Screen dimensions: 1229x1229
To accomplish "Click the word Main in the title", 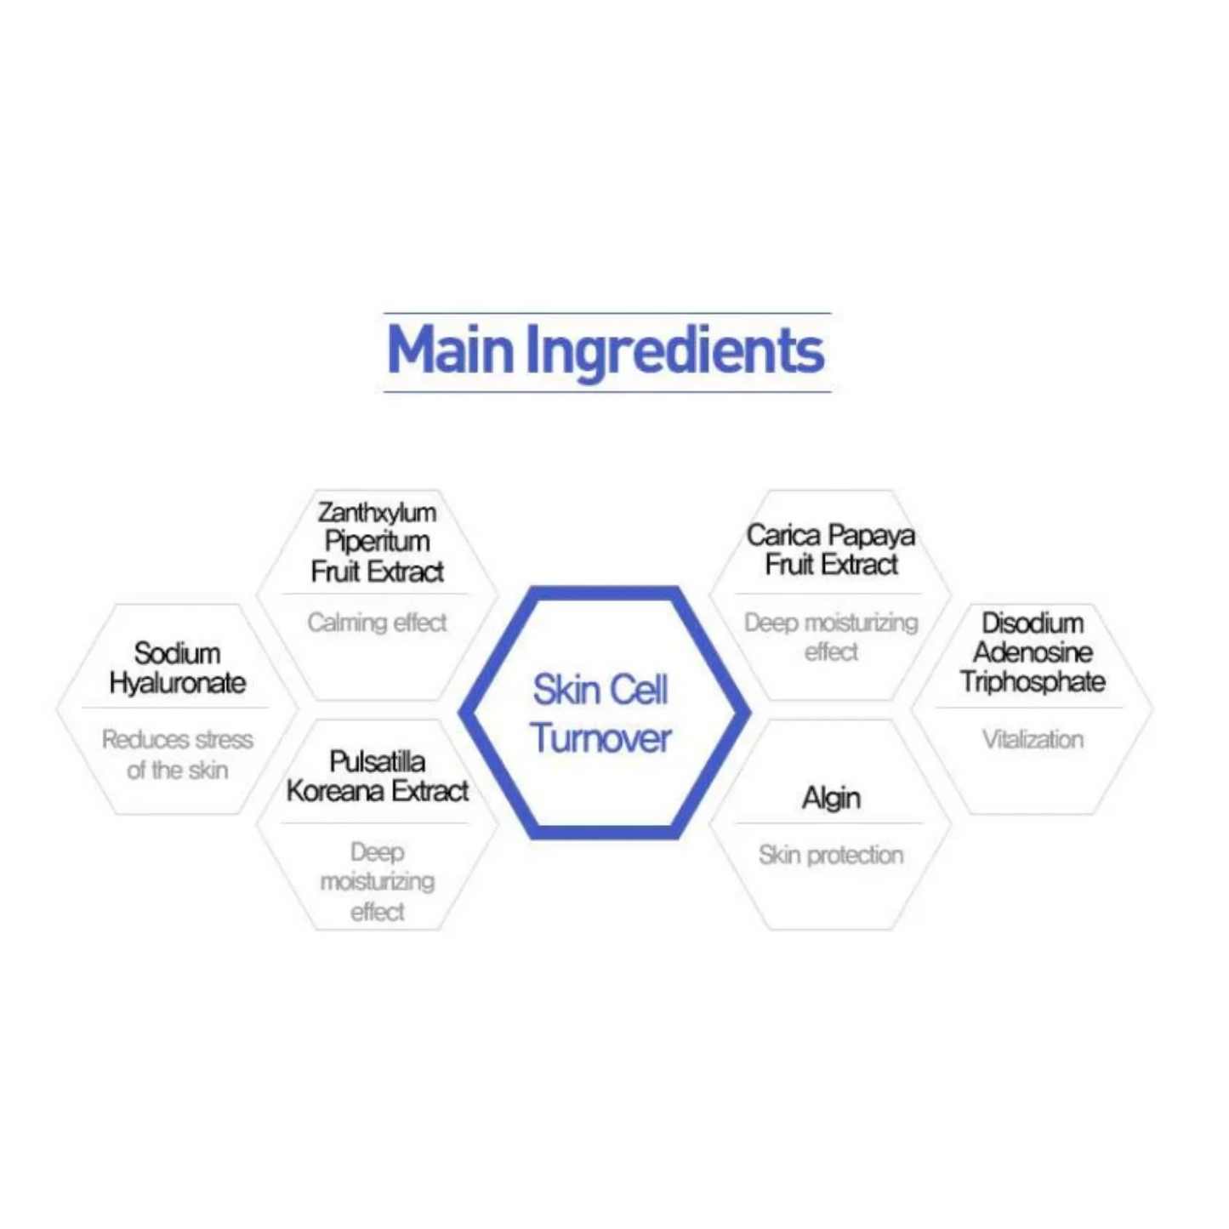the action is pyautogui.click(x=450, y=350).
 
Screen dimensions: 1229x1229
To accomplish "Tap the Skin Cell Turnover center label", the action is pyautogui.click(x=600, y=714).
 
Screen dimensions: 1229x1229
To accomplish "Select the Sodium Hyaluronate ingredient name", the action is pyautogui.click(x=177, y=668).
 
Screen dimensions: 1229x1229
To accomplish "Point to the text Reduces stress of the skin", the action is pyautogui.click(x=177, y=754).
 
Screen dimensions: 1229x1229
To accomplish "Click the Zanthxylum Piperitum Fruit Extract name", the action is pyautogui.click(x=377, y=542).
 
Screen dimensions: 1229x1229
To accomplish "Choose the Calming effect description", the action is pyautogui.click(x=377, y=622).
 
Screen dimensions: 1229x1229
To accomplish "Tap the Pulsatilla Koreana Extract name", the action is pyautogui.click(x=377, y=777).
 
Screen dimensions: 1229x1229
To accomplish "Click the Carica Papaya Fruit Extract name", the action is pyautogui.click(x=830, y=549).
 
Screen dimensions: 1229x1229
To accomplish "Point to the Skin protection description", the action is pyautogui.click(x=830, y=856).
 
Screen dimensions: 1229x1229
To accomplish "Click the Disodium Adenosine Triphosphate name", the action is pyautogui.click(x=1033, y=652).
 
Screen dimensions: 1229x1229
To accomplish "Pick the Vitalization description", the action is pyautogui.click(x=1033, y=740).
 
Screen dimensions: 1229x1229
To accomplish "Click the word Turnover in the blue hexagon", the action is pyautogui.click(x=600, y=738).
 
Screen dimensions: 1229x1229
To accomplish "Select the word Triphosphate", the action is pyautogui.click(x=1033, y=682).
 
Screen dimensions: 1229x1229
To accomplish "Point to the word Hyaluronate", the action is pyautogui.click(x=177, y=683).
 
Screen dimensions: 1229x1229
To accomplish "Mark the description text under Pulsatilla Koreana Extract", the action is pyautogui.click(x=377, y=882).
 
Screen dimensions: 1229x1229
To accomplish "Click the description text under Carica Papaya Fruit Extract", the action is pyautogui.click(x=830, y=636).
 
